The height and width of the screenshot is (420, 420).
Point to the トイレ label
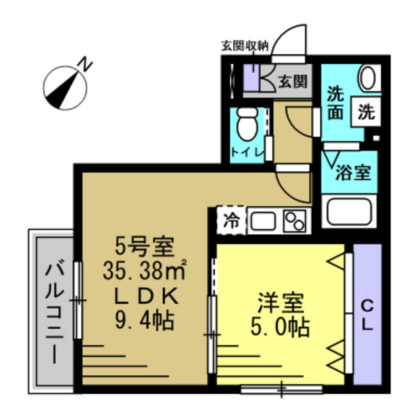247,153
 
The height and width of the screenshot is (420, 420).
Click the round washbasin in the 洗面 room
368,78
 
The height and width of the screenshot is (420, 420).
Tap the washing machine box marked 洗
365,112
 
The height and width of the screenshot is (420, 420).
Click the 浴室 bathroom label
354,173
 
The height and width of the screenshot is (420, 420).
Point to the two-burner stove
296,220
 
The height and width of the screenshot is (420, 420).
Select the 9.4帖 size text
144,321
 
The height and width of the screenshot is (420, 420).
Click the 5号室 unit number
144,247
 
